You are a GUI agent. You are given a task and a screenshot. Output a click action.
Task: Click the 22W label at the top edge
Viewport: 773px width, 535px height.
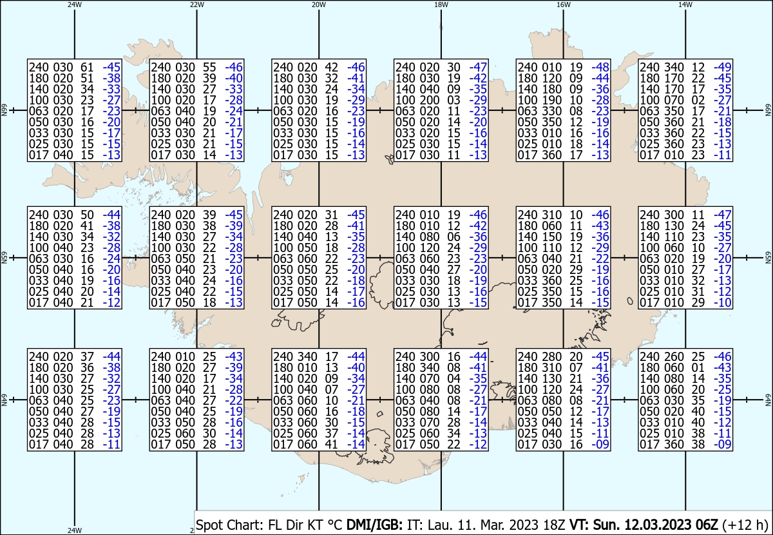pos(196,5)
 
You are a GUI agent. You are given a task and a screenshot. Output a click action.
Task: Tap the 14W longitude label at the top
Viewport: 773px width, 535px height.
pos(685,5)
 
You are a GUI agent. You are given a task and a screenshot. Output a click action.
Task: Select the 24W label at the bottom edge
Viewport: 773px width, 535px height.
pos(75,530)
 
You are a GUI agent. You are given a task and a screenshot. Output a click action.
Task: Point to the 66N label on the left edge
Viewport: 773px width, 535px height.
pos(4,110)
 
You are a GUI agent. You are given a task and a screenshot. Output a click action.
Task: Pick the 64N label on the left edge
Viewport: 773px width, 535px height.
pos(4,400)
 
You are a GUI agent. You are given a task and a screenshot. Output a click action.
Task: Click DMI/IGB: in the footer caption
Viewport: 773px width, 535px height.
pos(374,525)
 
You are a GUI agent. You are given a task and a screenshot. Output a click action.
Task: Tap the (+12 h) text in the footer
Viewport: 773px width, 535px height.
pos(745,525)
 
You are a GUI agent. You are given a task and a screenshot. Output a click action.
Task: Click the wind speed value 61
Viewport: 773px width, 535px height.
pos(87,67)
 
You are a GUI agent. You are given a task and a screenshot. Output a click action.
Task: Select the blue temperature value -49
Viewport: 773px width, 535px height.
pos(723,67)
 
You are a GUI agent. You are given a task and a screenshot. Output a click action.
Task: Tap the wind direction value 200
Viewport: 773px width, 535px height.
pos(430,100)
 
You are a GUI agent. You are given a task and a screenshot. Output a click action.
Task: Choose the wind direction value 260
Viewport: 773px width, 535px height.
pos(674,356)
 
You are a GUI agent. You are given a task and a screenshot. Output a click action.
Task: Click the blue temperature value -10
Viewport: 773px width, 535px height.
pos(723,302)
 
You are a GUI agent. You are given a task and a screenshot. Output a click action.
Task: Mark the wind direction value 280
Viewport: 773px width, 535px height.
pos(552,356)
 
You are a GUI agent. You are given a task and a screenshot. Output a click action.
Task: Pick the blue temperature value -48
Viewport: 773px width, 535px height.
pos(600,67)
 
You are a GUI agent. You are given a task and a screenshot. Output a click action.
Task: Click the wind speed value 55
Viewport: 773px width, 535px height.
pos(209,67)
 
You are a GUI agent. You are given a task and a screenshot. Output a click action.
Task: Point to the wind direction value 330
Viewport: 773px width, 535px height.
pos(552,112)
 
